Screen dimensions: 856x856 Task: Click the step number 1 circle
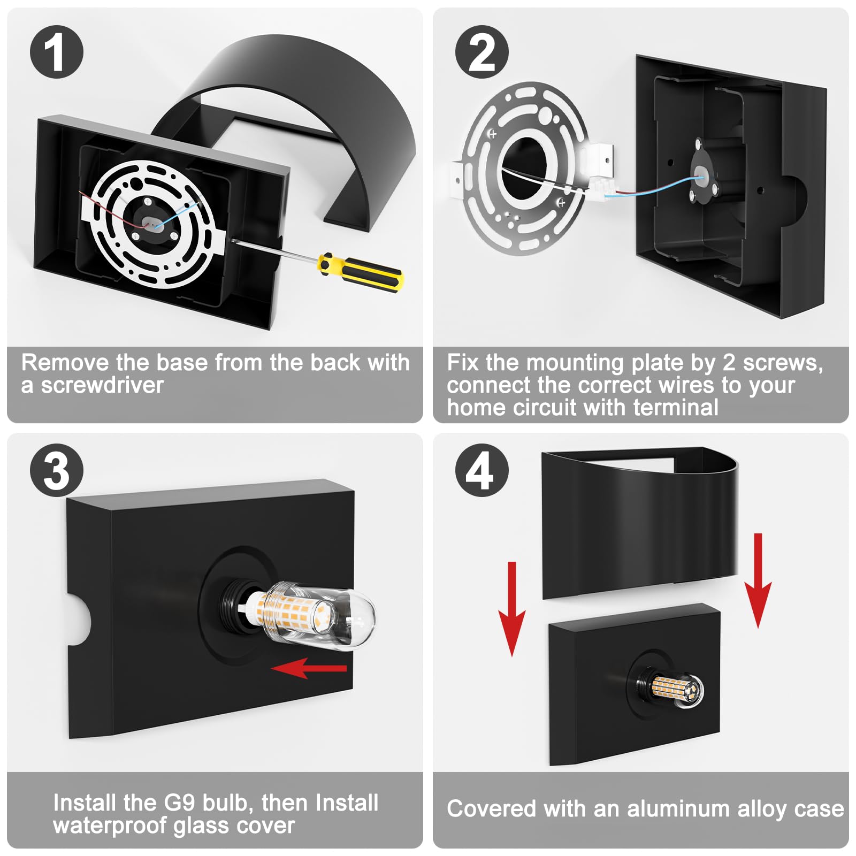(x=57, y=52)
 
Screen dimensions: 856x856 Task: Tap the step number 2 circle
(x=482, y=52)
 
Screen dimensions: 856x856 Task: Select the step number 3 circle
(x=57, y=471)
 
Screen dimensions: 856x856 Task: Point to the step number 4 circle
(x=482, y=471)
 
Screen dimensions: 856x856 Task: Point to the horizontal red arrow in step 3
(x=309, y=668)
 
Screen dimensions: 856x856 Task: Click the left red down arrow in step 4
(x=512, y=609)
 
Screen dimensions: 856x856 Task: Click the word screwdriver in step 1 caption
(x=103, y=385)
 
